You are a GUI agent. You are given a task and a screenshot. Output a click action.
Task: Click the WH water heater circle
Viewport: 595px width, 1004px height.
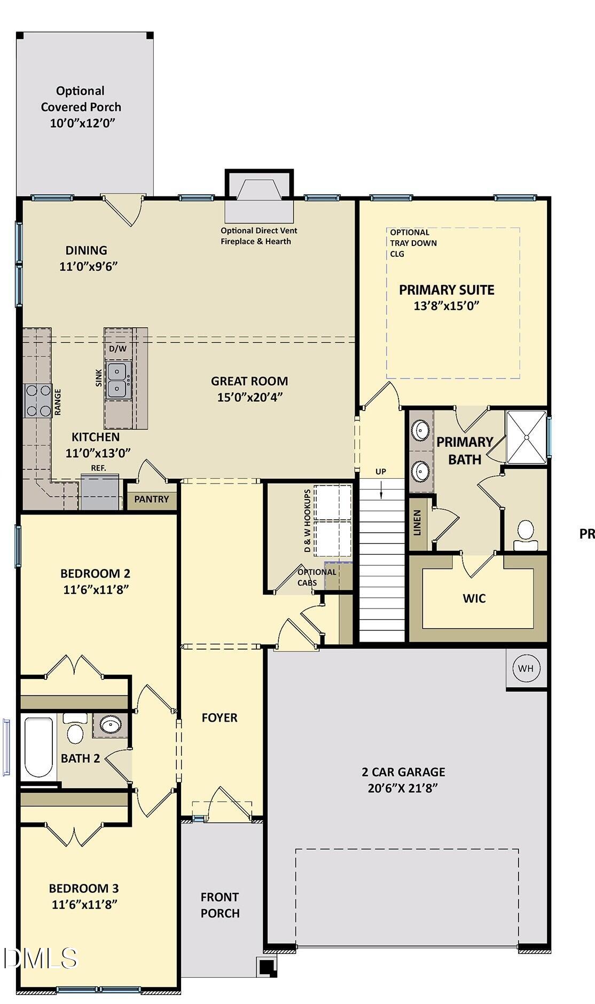[526, 668]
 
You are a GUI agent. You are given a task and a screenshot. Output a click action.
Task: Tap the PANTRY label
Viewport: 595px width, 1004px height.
[152, 499]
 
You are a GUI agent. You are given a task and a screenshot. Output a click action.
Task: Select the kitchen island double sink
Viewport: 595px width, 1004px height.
[117, 380]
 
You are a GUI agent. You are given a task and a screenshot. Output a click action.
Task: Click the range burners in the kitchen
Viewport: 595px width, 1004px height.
[38, 401]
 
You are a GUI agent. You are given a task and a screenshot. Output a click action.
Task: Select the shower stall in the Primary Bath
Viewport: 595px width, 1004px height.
[527, 437]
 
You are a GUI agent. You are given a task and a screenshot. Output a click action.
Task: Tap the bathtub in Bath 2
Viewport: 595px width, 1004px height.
[39, 747]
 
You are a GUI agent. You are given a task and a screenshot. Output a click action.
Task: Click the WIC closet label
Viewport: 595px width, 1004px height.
[474, 598]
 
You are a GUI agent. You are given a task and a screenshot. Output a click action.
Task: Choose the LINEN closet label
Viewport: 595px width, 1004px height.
[418, 523]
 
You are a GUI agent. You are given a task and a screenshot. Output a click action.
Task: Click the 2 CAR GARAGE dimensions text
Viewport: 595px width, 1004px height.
[403, 788]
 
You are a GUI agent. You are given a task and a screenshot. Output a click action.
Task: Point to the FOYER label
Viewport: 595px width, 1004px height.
[220, 718]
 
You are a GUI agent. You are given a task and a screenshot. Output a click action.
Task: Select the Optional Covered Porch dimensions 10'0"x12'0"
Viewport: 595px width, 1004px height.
[83, 123]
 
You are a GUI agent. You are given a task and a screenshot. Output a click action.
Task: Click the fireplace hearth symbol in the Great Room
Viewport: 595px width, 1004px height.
[259, 203]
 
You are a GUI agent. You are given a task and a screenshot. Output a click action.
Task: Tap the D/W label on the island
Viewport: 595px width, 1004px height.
[118, 349]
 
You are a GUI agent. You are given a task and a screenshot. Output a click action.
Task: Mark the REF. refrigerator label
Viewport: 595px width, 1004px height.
[98, 468]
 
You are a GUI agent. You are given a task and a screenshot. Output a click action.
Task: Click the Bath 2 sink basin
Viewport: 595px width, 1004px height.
[111, 725]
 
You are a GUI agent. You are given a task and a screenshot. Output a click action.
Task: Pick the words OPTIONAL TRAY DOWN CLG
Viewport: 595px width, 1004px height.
[413, 243]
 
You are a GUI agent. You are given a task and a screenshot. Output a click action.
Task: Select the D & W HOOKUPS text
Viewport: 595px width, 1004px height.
[308, 520]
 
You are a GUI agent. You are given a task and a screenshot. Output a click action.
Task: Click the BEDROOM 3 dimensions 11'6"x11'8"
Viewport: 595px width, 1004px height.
[84, 904]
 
